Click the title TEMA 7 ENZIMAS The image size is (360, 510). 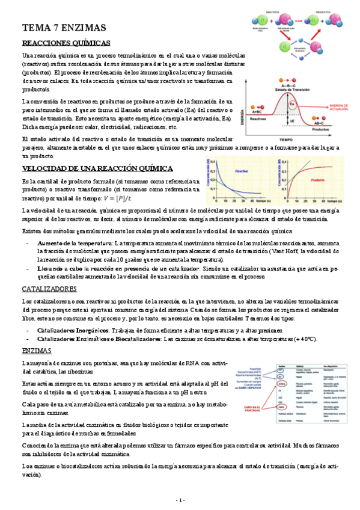64,28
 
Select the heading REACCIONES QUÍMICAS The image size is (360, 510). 66,44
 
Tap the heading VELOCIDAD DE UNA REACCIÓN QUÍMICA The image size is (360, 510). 97,168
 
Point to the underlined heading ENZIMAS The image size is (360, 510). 37,351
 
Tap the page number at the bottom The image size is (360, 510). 180,500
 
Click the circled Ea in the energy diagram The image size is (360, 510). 294,105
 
